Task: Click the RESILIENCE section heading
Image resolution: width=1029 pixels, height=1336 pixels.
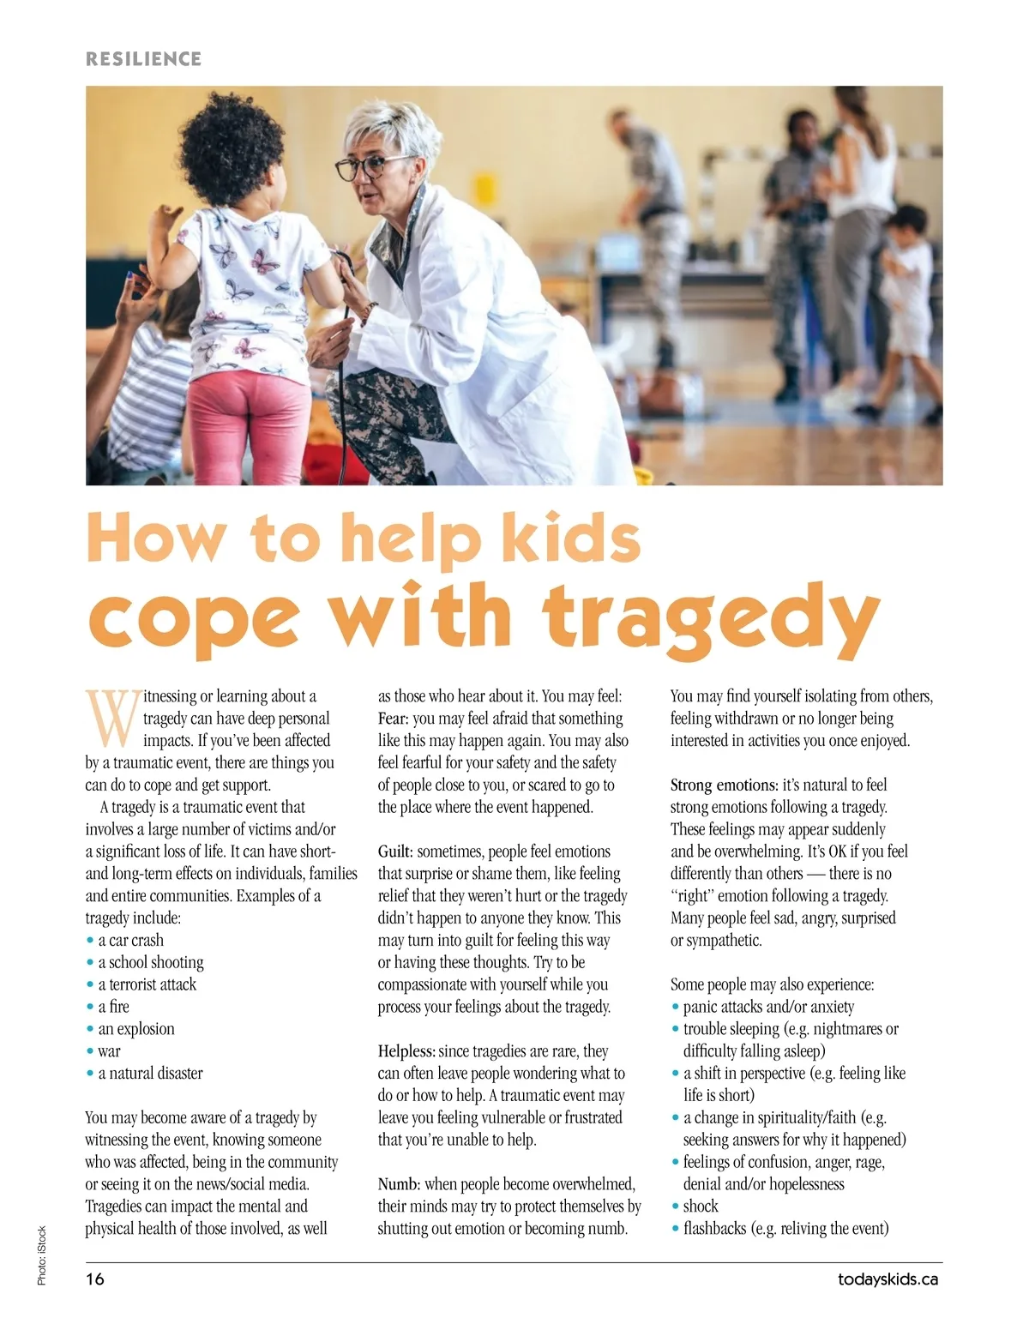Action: click(143, 59)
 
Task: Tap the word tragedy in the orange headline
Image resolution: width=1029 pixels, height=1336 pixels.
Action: click(710, 616)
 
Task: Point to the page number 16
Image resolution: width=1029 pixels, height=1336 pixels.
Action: click(94, 1279)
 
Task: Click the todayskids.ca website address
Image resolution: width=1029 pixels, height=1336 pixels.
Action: click(888, 1279)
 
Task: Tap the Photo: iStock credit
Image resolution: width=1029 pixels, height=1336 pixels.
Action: click(41, 1255)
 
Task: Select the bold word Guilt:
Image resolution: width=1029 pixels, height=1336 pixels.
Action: click(395, 852)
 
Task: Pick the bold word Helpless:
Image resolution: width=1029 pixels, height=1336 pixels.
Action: click(406, 1051)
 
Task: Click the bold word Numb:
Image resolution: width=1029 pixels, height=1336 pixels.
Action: click(399, 1184)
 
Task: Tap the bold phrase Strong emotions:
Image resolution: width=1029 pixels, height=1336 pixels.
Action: click(724, 785)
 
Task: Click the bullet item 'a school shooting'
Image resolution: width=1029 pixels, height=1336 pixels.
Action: click(151, 962)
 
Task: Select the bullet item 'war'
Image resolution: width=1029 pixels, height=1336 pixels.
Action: click(109, 1051)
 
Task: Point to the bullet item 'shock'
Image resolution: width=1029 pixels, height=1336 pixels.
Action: click(701, 1207)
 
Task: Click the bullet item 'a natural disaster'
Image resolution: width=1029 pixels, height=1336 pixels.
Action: click(150, 1074)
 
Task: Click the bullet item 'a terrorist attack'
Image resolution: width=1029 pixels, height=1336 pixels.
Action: click(147, 984)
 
